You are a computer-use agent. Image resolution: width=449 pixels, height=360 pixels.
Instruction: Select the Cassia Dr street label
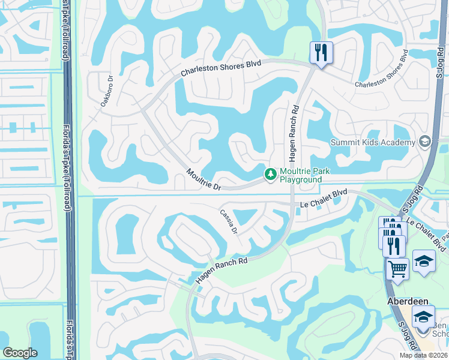[x=229, y=221]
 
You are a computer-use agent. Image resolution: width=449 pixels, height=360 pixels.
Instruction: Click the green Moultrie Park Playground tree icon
[x=271, y=174]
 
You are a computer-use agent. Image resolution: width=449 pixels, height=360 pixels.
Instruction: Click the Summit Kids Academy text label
[x=373, y=142]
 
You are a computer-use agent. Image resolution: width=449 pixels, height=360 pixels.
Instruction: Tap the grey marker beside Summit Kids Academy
[x=426, y=142]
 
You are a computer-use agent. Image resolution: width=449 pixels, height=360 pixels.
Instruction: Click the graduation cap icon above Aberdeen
[x=424, y=261]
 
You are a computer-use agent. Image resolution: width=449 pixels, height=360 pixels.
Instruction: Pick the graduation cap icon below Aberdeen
[x=424, y=316]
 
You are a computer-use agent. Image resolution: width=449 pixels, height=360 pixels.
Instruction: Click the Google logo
[x=20, y=353]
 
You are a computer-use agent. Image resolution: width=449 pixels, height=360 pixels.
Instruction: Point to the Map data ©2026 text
[x=423, y=355]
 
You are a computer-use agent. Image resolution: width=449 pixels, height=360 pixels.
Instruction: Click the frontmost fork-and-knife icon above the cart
[x=394, y=245]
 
